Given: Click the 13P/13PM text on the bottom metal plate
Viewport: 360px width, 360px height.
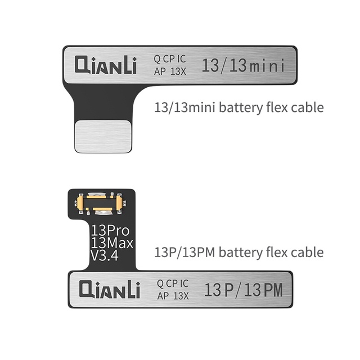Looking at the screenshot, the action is point(242,290).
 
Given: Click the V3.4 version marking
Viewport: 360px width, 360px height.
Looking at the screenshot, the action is point(106,258).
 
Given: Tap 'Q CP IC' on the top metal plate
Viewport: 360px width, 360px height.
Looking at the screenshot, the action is point(172,60).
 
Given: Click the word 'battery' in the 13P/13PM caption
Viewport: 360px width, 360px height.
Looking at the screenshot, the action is point(239,252).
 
